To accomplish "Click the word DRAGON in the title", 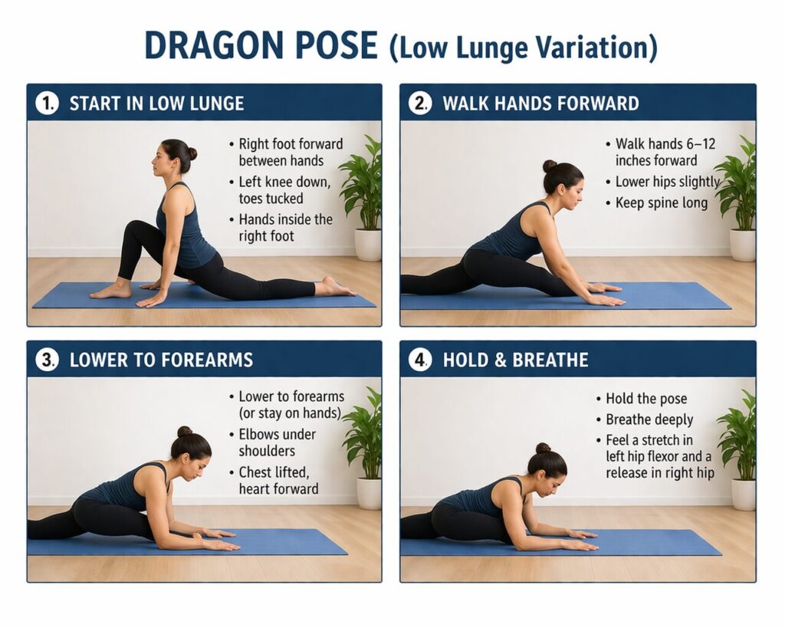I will point(205,46).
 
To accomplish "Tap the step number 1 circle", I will point(48,104).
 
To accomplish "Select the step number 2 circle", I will point(420,104).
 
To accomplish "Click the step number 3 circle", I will point(48,360).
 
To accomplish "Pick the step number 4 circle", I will point(420,360).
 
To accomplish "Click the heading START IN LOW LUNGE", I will point(156,104).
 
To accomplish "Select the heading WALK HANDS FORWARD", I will point(540,104).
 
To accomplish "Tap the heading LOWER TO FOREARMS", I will point(161,360).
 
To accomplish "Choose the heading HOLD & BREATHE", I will point(515,360).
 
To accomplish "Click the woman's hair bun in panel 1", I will point(190,153).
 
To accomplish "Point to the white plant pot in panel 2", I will point(741,245).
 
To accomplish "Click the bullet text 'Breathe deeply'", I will point(649,419).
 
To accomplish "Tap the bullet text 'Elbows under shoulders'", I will point(276,442).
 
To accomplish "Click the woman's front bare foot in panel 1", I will point(111,291).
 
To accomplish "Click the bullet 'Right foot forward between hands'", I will point(290,152).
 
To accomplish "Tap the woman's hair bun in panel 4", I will point(543,448).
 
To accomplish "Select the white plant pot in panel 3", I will point(369,493).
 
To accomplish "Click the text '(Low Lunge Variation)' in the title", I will point(524,48).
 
